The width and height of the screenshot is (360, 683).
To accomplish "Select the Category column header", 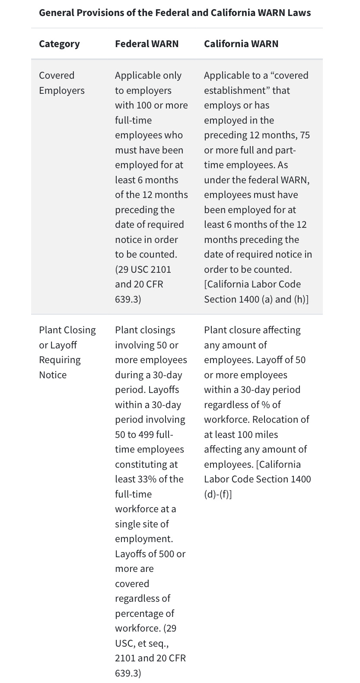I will tap(59, 44).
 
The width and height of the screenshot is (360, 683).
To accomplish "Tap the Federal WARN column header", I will tap(147, 44).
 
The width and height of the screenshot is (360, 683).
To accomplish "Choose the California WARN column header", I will tap(241, 44).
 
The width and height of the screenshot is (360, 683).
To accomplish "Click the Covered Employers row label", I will tap(61, 83).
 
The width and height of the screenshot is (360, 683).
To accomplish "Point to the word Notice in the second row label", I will tap(53, 375).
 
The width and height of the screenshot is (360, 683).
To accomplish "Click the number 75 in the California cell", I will tap(305, 135).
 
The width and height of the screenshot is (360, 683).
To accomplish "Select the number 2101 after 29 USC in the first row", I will tap(161, 269).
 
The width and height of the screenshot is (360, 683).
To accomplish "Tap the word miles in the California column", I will tap(266, 434).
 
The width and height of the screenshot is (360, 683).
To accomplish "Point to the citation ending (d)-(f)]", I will tap(218, 494).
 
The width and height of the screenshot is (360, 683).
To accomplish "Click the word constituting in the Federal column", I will tap(146, 464).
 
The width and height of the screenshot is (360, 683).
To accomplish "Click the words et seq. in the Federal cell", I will tap(153, 643).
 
